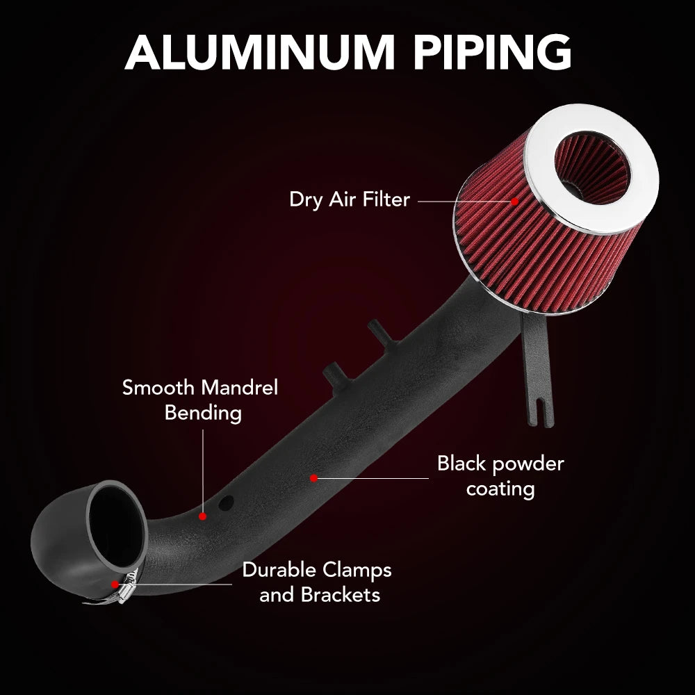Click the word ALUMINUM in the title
pyautogui.click(x=259, y=51)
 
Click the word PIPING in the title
pyautogui.click(x=493, y=51)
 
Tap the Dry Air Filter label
pyautogui.click(x=350, y=199)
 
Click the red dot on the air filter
pyautogui.click(x=514, y=202)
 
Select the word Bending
pyautogui.click(x=203, y=413)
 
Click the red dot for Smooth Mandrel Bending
pyautogui.click(x=202, y=516)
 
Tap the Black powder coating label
pyautogui.click(x=500, y=477)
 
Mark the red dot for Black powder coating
pyautogui.click(x=314, y=478)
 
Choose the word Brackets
pyautogui.click(x=341, y=595)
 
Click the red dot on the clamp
pyautogui.click(x=115, y=584)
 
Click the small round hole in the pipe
pyautogui.click(x=226, y=502)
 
